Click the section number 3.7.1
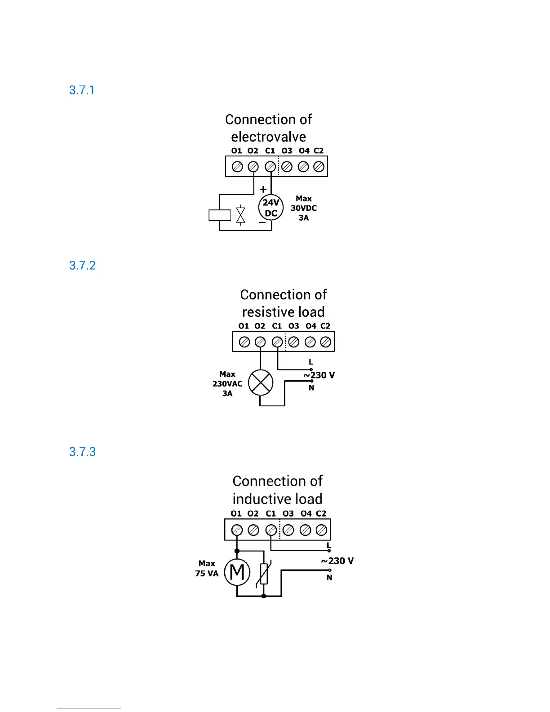point(82,90)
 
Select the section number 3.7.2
point(82,266)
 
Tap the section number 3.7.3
point(82,452)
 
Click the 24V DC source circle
point(271,208)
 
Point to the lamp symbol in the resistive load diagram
point(261,383)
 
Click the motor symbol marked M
point(237,572)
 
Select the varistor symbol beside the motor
point(264,574)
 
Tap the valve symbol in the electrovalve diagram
point(241,215)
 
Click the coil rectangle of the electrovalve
point(220,215)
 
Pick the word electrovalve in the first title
point(268,137)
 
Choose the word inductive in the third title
point(255,499)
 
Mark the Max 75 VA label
point(207,569)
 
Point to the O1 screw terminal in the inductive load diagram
point(237,530)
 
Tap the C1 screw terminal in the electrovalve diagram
point(270,167)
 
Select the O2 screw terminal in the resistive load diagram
point(260,342)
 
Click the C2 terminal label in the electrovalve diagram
point(319,151)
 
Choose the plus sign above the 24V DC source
point(263,189)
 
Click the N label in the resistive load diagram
point(311,388)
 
